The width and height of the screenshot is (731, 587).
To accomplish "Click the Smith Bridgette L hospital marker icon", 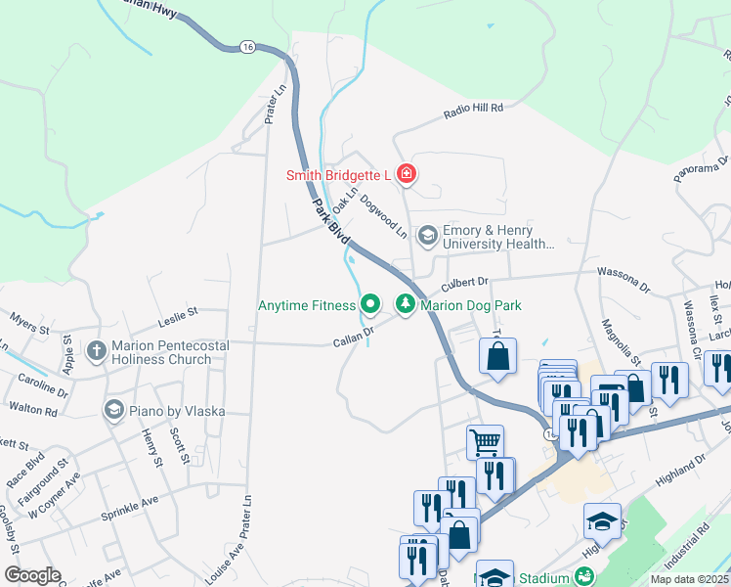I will [x=407, y=176].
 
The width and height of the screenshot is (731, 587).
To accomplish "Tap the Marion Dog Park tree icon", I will [x=405, y=305].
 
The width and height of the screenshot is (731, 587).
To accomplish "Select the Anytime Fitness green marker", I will [x=370, y=305].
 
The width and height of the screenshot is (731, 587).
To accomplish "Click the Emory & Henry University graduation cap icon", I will [x=427, y=236].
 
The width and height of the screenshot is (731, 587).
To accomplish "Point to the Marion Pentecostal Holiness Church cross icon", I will [x=96, y=349].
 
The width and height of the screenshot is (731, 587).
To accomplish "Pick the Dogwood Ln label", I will [x=383, y=215].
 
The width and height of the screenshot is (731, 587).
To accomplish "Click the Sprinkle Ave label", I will [x=136, y=502].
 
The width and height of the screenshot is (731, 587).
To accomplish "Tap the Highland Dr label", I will [x=681, y=463].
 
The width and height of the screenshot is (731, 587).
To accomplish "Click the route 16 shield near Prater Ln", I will [x=246, y=46].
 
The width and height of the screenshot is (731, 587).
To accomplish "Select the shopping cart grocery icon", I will [x=485, y=441].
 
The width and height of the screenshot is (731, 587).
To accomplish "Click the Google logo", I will [x=32, y=575].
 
